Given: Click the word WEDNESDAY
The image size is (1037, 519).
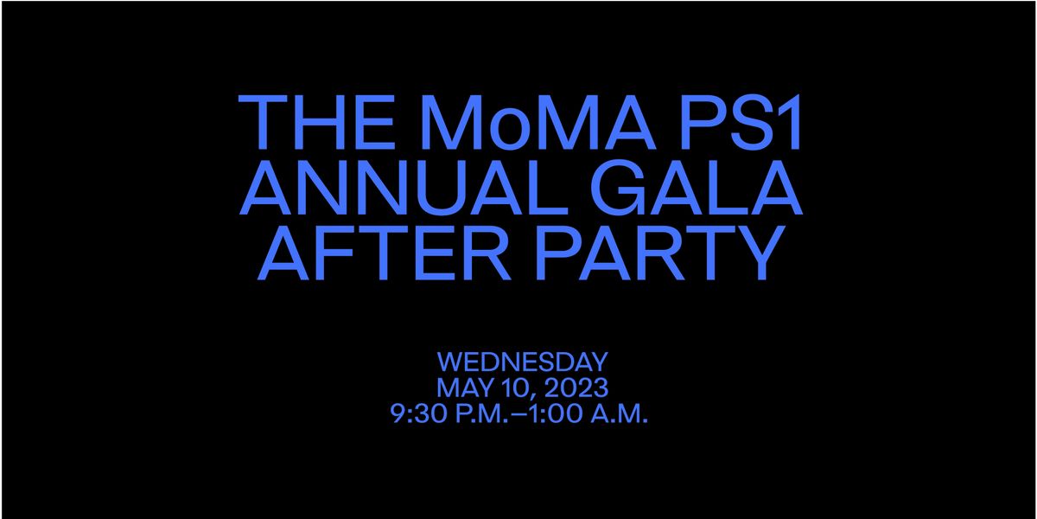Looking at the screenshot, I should click(523, 361).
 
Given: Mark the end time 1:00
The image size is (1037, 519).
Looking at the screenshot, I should click(561, 413).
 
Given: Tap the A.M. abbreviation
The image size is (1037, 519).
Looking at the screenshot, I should click(622, 413).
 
